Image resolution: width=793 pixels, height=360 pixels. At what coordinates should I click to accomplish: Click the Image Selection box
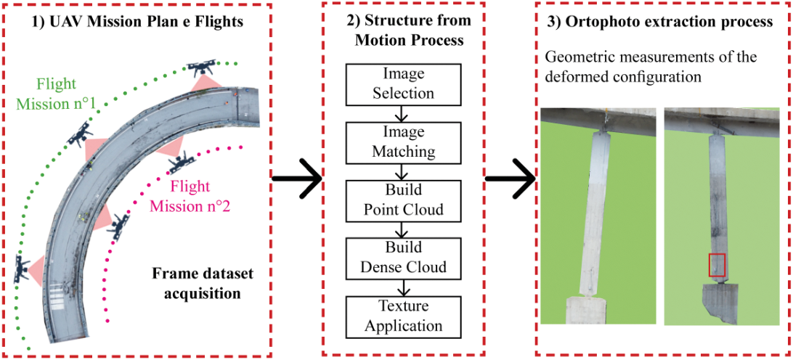click(x=403, y=84)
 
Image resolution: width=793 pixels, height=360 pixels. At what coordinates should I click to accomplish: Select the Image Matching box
click(x=403, y=142)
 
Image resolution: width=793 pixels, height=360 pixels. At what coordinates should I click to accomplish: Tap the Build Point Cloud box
click(x=403, y=200)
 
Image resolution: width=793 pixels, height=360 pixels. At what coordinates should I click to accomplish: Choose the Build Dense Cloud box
click(x=403, y=258)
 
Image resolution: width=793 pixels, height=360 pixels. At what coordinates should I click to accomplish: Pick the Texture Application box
click(x=403, y=316)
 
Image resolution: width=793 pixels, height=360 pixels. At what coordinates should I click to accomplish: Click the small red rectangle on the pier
click(x=717, y=266)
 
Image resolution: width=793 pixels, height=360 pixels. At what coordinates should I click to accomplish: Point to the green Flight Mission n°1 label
click(x=56, y=94)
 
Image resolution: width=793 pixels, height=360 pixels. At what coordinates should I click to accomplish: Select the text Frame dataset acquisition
click(x=197, y=285)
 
